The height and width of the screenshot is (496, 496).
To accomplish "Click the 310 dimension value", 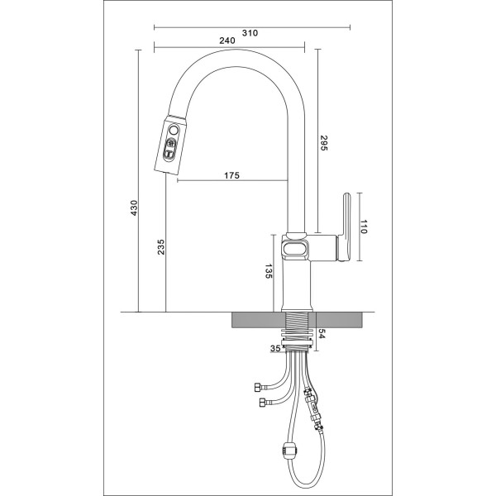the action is click(x=250, y=33).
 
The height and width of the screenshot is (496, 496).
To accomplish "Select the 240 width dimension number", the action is click(x=227, y=41).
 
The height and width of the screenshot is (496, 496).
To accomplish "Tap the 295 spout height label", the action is click(x=324, y=143).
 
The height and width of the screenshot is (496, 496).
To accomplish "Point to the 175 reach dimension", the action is click(x=231, y=175).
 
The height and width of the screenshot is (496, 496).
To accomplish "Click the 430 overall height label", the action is click(x=134, y=207).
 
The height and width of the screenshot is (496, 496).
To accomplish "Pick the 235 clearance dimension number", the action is click(x=161, y=247).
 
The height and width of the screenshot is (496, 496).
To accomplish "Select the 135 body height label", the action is click(x=268, y=271).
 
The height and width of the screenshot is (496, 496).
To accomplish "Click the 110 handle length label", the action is click(x=364, y=227).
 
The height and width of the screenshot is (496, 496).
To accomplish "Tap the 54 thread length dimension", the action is click(x=322, y=334).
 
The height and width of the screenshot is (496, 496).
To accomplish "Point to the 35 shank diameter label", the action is click(x=275, y=348).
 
